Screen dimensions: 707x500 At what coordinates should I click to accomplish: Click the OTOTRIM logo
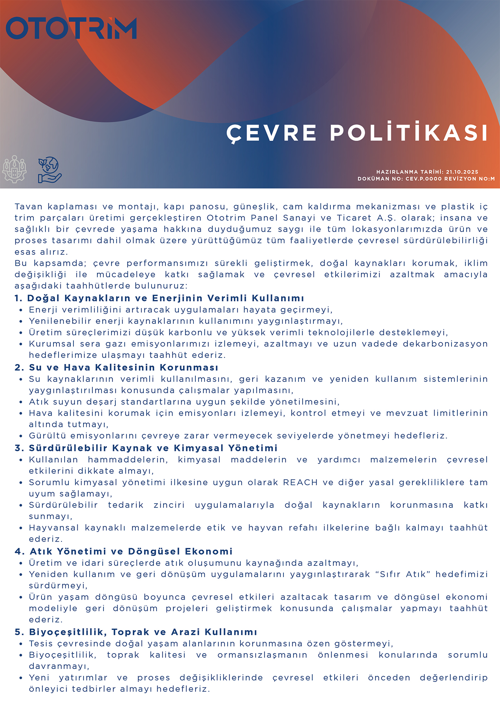(71, 28)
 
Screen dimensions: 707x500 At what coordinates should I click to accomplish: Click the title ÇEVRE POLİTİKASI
(357, 133)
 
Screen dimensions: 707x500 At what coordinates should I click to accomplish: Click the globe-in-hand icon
(50, 170)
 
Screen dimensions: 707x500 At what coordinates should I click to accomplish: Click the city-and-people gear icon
(14, 169)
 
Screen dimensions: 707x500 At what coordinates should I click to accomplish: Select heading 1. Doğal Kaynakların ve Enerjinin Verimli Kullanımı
(159, 298)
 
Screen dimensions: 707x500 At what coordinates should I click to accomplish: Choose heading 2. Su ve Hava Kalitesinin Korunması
(116, 367)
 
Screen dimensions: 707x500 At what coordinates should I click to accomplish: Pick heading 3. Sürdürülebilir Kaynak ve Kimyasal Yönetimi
(146, 448)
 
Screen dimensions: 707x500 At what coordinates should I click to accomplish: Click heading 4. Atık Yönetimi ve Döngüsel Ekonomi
(123, 551)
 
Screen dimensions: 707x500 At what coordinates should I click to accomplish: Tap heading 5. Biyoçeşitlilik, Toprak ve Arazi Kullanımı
(136, 632)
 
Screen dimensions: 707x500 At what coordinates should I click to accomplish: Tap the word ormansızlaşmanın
(262, 655)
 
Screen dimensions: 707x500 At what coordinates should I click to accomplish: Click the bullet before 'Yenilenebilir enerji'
(21, 321)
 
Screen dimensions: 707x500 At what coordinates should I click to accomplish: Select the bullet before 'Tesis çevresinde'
(21, 644)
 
